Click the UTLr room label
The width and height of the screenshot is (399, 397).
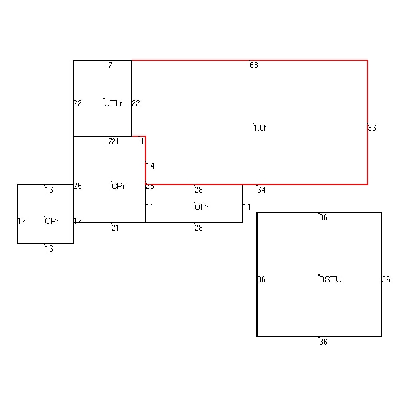click(x=113, y=103)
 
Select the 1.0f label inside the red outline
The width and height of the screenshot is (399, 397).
click(x=259, y=128)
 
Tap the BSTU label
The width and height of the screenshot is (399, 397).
click(x=330, y=279)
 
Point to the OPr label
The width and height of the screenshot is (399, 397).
click(x=201, y=207)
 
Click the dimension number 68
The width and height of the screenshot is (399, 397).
click(x=254, y=65)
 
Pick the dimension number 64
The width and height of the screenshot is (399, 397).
click(x=261, y=190)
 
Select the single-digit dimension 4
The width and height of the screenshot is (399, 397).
click(x=141, y=141)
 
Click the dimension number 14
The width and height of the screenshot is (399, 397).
click(x=150, y=166)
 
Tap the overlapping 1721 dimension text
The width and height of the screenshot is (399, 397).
click(x=111, y=141)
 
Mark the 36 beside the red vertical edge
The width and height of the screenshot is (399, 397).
click(x=372, y=128)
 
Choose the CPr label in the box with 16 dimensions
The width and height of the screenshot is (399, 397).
click(x=52, y=222)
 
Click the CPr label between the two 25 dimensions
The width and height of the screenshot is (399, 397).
click(x=118, y=186)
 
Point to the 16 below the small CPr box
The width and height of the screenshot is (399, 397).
click(x=49, y=249)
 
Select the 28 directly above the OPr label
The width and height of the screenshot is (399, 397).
click(x=199, y=190)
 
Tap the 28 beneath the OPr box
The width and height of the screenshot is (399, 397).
click(x=199, y=228)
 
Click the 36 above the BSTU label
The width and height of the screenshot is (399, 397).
click(x=323, y=217)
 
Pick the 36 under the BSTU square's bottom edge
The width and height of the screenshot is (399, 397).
click(x=323, y=342)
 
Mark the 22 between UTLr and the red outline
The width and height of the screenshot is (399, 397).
click(x=136, y=103)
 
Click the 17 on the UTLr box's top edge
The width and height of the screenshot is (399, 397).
click(x=108, y=65)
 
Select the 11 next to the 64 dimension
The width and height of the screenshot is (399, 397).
click(x=247, y=207)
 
